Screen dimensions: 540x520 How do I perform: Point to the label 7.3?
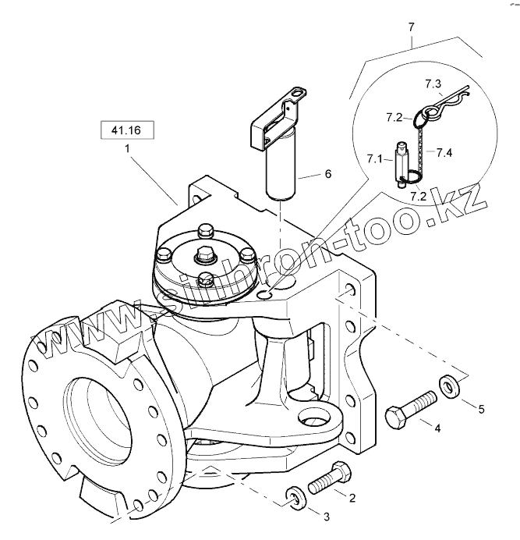click(x=433, y=83)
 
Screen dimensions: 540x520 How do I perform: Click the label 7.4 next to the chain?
click(x=444, y=152)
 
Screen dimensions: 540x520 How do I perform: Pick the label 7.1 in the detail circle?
click(x=374, y=159)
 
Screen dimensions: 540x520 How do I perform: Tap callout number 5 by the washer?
click(x=481, y=408)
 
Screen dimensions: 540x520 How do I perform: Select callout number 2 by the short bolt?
click(x=352, y=497)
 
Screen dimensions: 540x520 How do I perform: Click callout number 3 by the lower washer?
click(x=325, y=516)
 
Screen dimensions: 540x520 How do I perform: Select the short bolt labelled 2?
click(x=330, y=476)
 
